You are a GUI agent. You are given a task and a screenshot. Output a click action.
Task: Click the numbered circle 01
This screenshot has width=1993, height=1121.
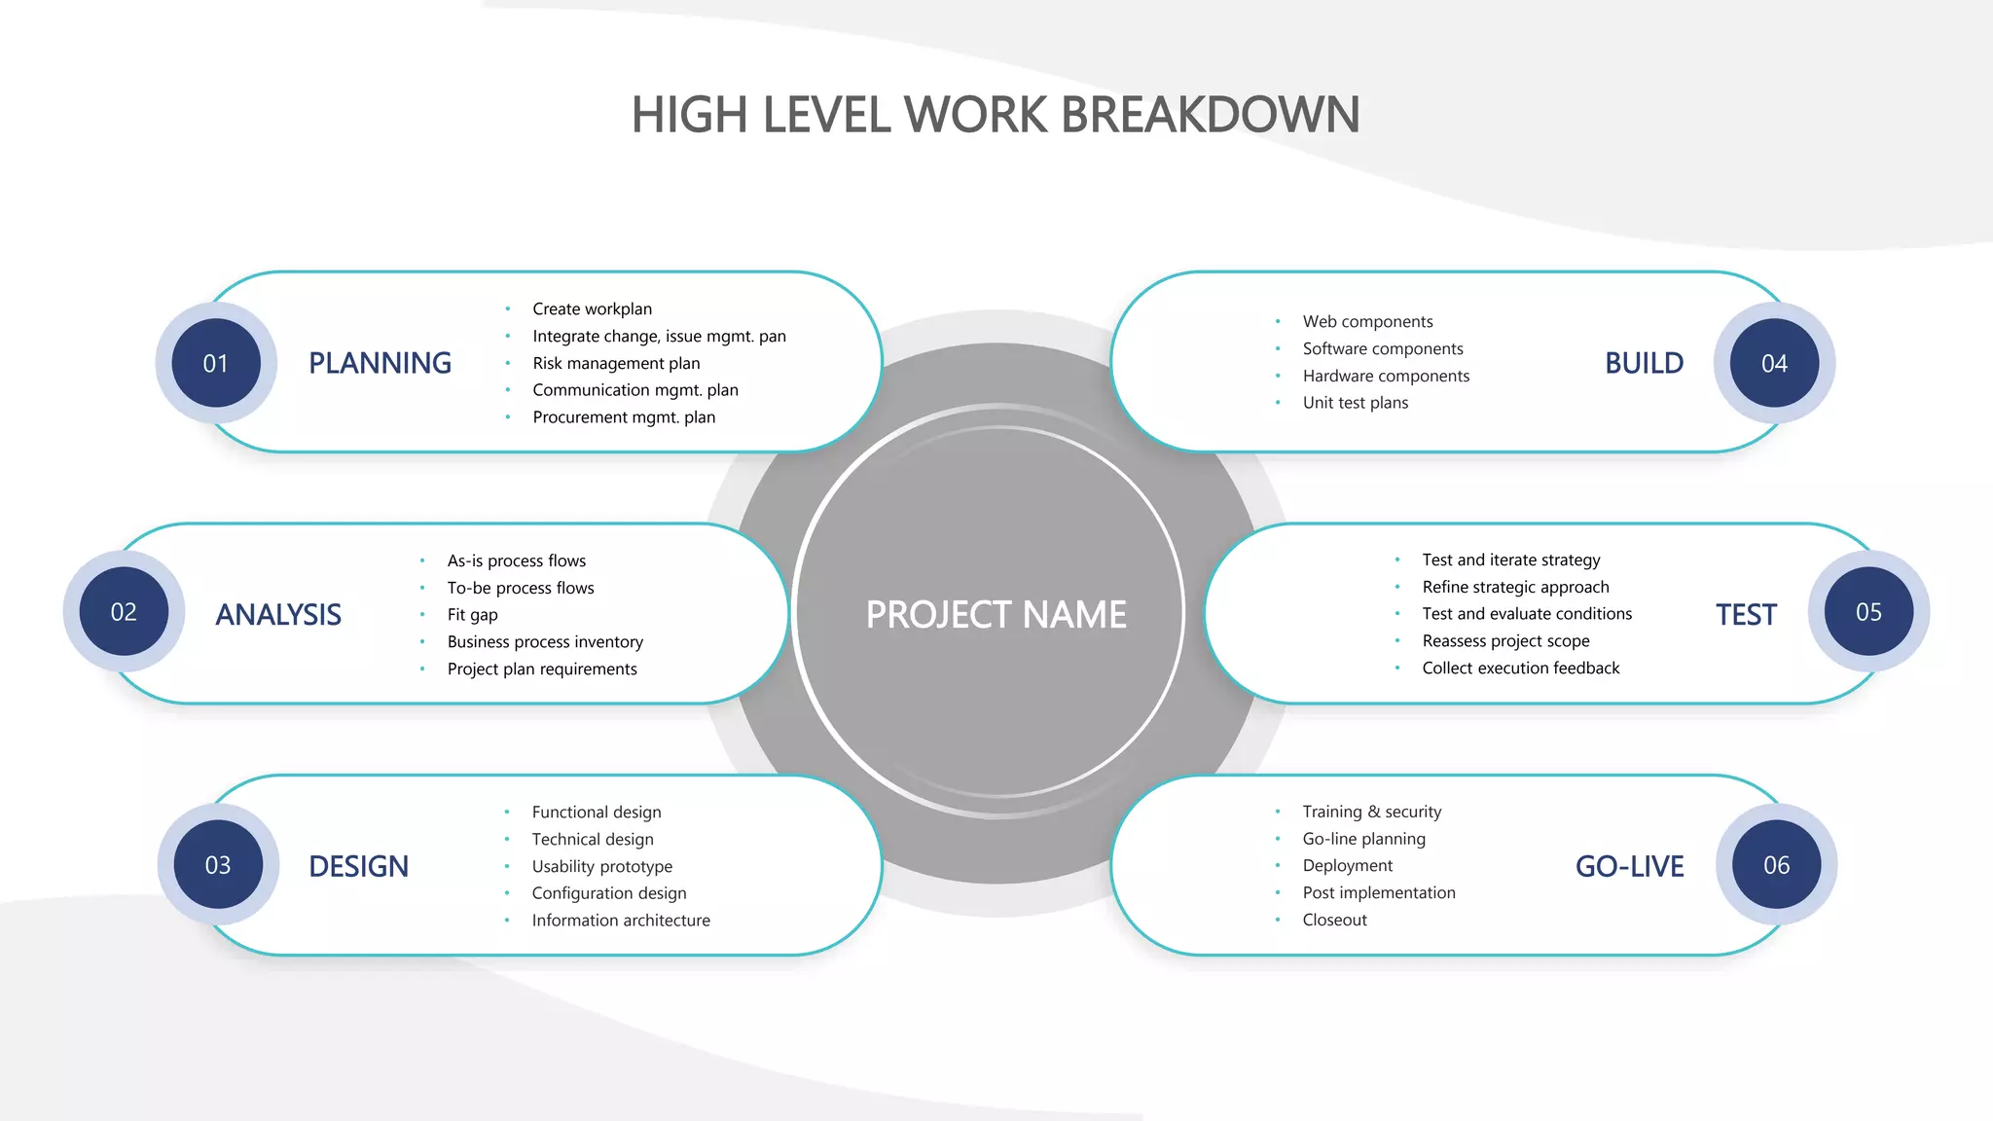[x=216, y=363]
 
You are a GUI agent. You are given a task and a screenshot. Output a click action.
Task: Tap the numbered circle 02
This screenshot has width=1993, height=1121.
[x=124, y=612]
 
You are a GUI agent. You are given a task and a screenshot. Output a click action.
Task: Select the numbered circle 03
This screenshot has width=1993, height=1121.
[x=218, y=865]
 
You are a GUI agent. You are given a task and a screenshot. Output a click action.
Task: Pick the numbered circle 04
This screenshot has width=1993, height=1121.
[x=1774, y=363]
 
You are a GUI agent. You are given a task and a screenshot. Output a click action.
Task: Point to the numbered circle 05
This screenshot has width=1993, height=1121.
[x=1868, y=612]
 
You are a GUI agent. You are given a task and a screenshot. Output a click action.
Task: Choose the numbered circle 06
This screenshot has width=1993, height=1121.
[x=1776, y=865]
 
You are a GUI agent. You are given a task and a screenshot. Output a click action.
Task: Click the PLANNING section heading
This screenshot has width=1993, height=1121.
[x=380, y=363]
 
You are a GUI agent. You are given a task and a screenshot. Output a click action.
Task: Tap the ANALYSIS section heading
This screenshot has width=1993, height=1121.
[x=278, y=615]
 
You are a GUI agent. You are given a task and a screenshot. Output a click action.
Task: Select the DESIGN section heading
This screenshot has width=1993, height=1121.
[x=358, y=866]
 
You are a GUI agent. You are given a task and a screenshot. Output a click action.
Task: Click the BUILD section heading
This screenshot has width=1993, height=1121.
[x=1644, y=363]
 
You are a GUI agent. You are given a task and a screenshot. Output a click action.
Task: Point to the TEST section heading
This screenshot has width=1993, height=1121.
[x=1746, y=615]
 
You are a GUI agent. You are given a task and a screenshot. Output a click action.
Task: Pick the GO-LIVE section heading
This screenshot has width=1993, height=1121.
[x=1629, y=866]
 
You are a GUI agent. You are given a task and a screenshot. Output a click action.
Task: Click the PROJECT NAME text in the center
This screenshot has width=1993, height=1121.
[x=996, y=615]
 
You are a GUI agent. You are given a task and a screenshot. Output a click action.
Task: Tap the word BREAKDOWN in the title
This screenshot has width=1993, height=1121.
[x=1210, y=115]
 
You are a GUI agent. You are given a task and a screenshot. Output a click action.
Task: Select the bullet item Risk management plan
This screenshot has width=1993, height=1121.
[x=616, y=363]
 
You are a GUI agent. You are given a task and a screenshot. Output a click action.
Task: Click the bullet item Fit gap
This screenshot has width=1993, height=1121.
[x=472, y=615]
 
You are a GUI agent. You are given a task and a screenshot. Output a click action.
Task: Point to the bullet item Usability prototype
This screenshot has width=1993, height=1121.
[x=601, y=866]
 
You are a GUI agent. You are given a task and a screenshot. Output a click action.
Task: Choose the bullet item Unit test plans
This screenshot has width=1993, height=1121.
[x=1355, y=403]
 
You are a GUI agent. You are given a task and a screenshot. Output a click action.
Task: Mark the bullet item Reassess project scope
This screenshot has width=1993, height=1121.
[x=1505, y=641]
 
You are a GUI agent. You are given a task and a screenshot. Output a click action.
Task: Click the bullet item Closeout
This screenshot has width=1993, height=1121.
[x=1334, y=920]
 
